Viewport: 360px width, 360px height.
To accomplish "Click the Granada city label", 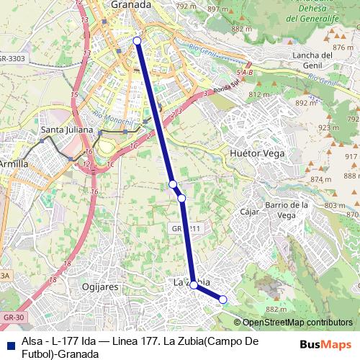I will pyautogui.click(x=130, y=5).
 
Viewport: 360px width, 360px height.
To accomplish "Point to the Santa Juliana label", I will pyautogui.click(x=68, y=130).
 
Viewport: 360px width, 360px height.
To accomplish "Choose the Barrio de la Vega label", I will pyautogui.click(x=287, y=210).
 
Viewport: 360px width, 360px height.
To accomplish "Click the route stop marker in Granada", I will pyautogui.click(x=138, y=41).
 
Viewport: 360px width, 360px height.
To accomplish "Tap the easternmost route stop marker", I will pyautogui.click(x=223, y=300).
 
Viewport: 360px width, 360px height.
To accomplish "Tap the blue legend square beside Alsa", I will pyautogui.click(x=9, y=343).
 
